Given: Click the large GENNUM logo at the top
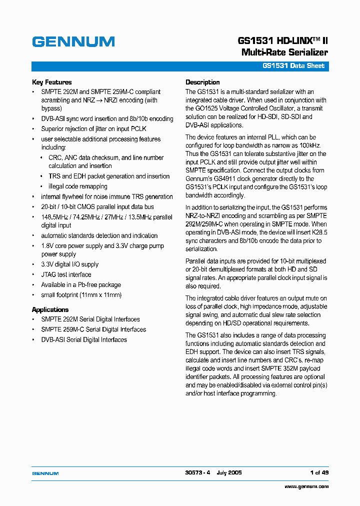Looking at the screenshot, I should pos(73,41).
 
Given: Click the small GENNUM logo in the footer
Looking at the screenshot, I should pos(45,473).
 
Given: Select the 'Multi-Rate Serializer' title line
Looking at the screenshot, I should pos(284,52).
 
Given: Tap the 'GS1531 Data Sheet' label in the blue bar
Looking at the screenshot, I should pos(293,66).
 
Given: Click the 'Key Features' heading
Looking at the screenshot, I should pos(52,82).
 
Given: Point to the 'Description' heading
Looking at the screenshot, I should pos(202,82).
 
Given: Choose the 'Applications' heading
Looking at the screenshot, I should pos(50,309).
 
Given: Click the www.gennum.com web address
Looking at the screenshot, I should pos(306,486).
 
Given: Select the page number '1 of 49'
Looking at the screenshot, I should pos(318,472).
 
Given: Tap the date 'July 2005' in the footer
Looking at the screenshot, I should pos(229,472).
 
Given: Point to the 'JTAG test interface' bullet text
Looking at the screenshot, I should pos(66,274).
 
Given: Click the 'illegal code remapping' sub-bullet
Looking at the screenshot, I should pos(77,186).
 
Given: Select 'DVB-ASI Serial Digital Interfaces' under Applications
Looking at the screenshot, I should pos(84,339).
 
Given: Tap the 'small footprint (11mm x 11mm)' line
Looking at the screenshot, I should pos(81,295).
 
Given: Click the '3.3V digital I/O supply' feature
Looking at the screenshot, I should pos(69,264).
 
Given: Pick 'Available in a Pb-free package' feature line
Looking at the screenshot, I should pos(81,284).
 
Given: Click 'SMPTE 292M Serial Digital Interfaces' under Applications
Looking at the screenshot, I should pos(90,319).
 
